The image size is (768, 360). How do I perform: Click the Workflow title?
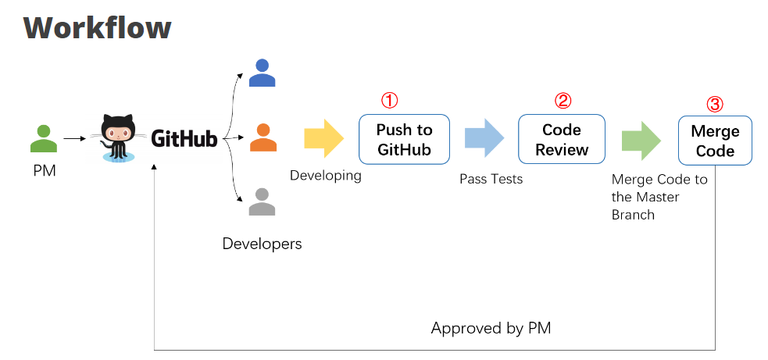click(x=97, y=28)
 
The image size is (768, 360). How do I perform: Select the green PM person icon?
click(x=44, y=138)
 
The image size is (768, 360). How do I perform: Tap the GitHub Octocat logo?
click(x=117, y=138)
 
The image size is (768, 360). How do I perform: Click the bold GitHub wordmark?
click(x=184, y=139)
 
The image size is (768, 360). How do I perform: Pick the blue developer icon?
click(x=262, y=73)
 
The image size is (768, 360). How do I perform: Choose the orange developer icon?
click(x=263, y=137)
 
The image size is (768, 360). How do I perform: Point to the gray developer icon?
click(x=262, y=202)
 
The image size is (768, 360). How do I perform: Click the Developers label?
click(x=262, y=244)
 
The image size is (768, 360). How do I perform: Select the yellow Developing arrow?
click(x=323, y=138)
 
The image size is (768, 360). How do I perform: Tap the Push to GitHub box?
click(x=404, y=139)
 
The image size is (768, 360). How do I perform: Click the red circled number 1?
click(x=389, y=101)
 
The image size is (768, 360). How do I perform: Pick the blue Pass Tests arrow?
click(x=484, y=138)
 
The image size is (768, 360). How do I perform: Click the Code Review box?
click(x=561, y=139)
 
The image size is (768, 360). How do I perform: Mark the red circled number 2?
click(x=563, y=101)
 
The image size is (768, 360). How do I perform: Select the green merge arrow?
click(x=641, y=141)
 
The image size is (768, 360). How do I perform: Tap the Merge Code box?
click(x=714, y=141)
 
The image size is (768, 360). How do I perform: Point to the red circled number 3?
click(x=715, y=104)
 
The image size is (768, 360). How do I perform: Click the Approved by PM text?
click(x=491, y=328)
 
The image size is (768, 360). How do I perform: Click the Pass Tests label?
click(x=491, y=180)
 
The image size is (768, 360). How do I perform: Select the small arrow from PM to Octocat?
click(x=74, y=139)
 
